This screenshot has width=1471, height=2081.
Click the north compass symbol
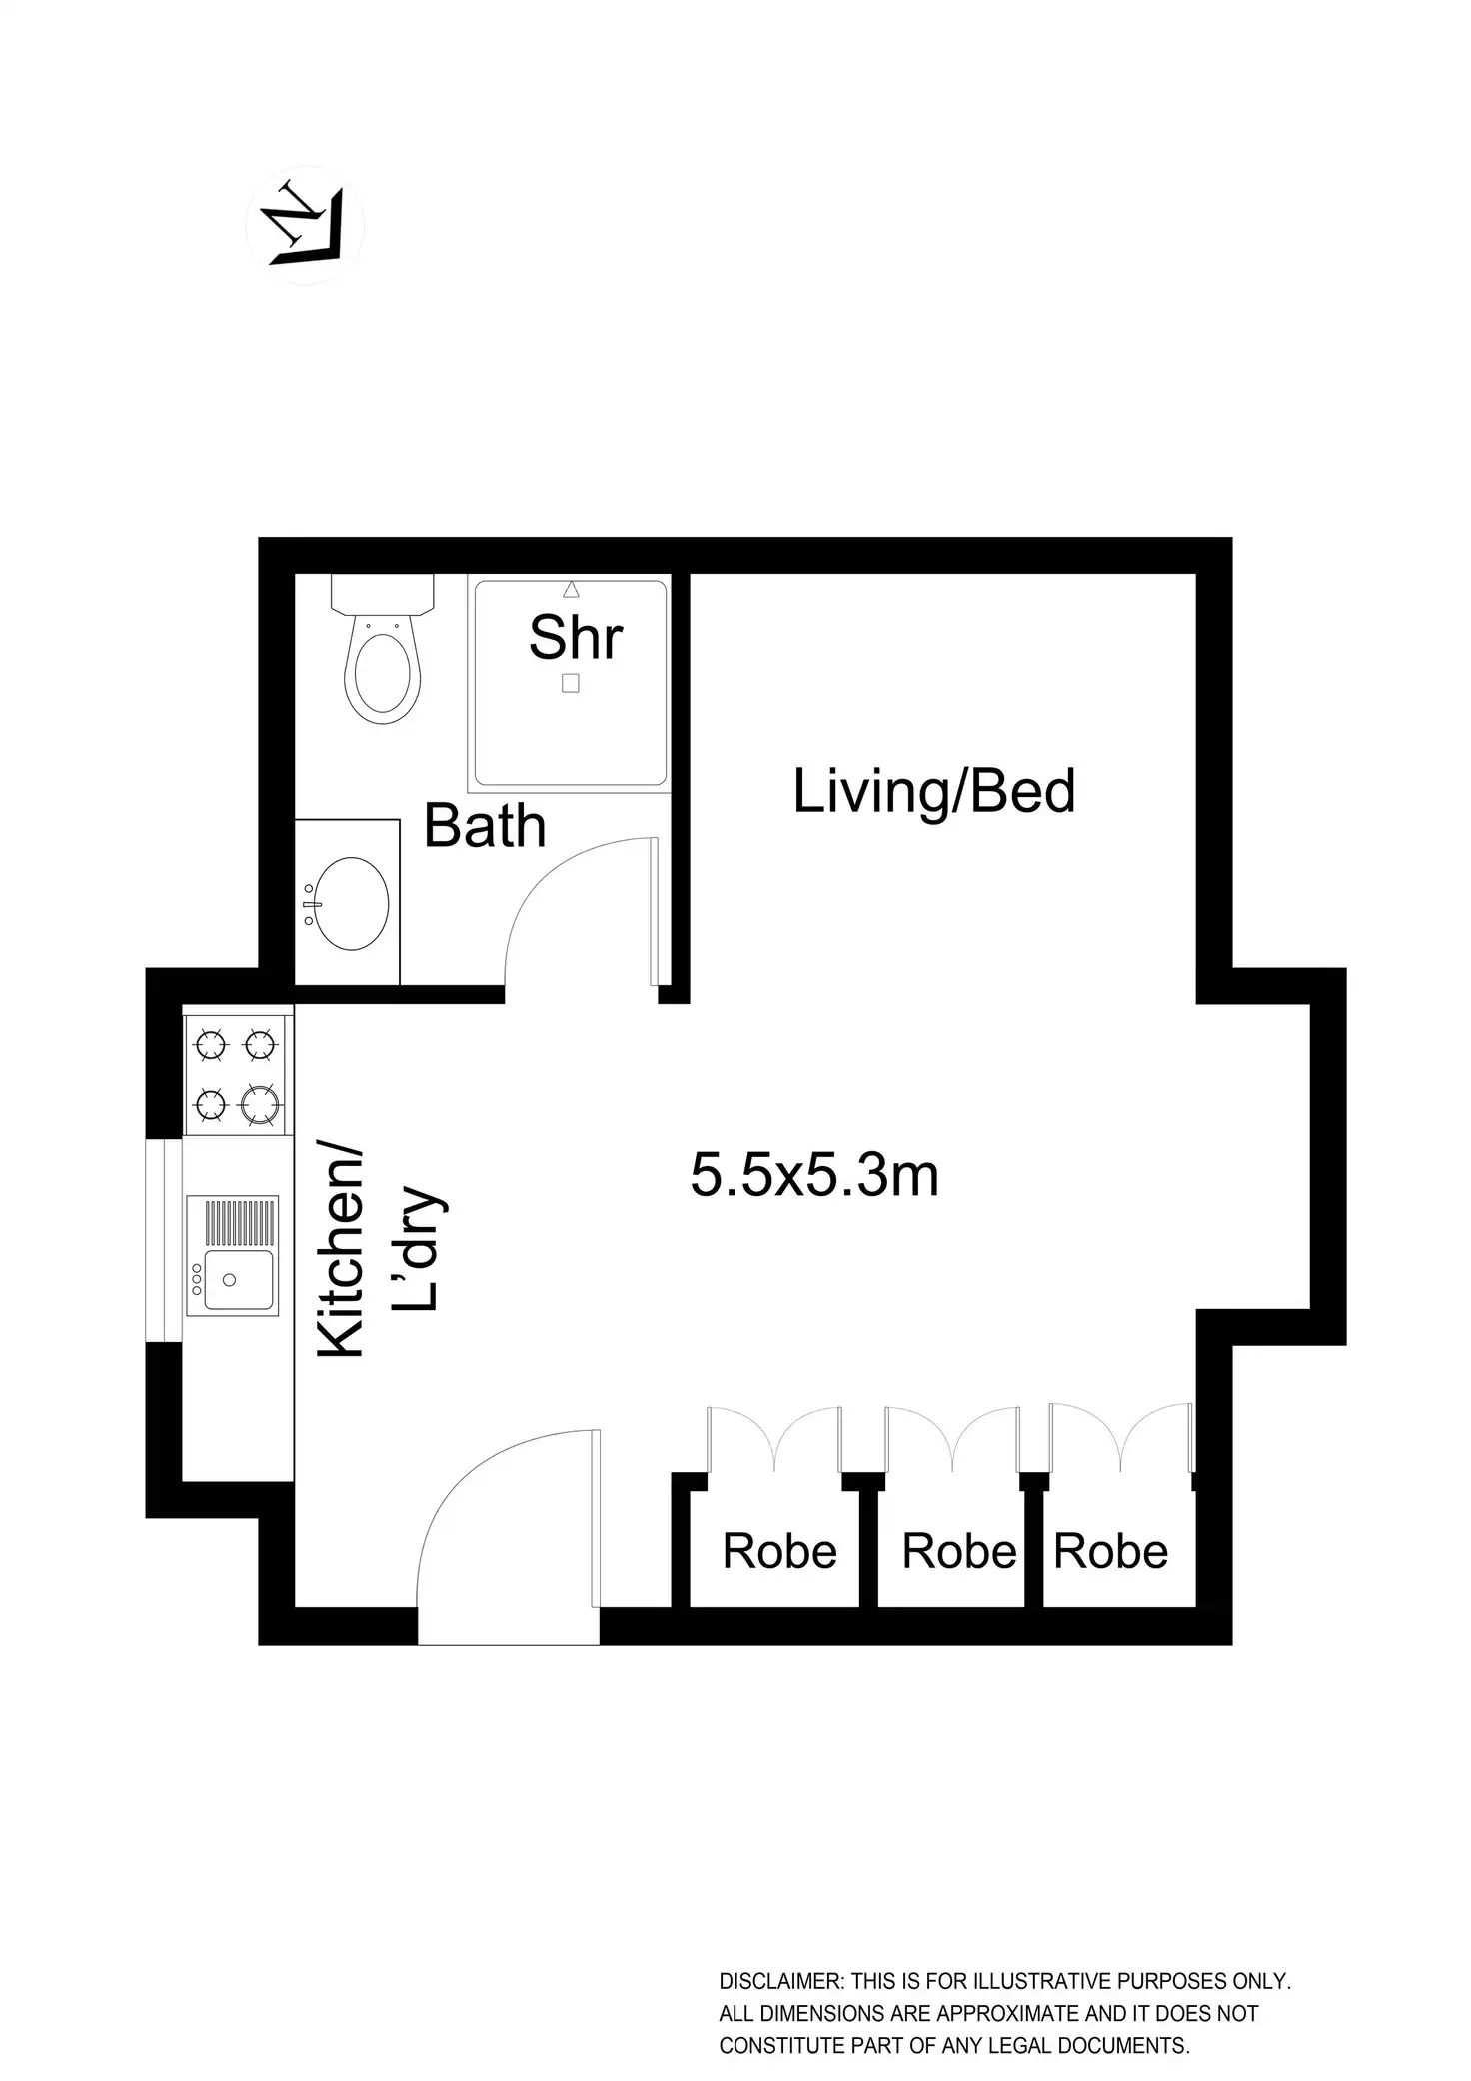[x=305, y=225]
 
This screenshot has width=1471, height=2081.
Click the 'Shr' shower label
[x=576, y=637]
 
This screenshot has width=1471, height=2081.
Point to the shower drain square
[x=571, y=683]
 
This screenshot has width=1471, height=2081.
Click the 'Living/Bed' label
[x=933, y=791]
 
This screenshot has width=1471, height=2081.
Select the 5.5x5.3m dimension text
[x=814, y=1176]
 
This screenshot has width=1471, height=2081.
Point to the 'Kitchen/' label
[x=341, y=1252]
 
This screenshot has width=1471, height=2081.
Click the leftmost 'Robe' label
[x=779, y=1551]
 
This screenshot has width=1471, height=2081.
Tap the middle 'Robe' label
[x=959, y=1551]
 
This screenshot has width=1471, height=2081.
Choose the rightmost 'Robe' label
[x=1111, y=1551]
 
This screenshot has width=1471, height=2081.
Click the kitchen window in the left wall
[x=164, y=1239]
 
